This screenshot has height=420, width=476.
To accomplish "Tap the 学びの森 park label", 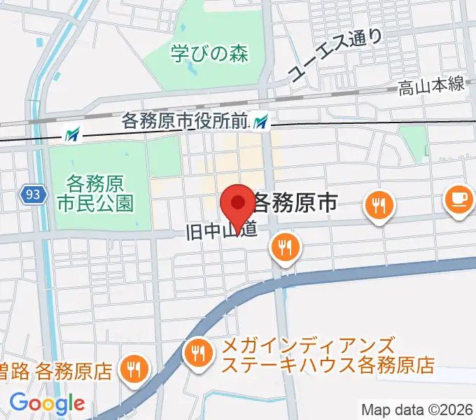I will [x=209, y=54].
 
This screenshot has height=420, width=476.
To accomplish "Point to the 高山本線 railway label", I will [x=431, y=86].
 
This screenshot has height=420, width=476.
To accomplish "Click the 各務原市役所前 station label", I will [x=185, y=122].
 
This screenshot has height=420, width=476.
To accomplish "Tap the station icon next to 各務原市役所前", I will [x=261, y=122].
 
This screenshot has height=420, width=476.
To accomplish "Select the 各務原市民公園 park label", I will [x=95, y=194].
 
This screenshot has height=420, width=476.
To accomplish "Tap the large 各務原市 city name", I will [x=294, y=203].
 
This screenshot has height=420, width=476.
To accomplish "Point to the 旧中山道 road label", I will [x=219, y=230].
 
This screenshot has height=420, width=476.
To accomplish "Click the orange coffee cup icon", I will [x=458, y=200].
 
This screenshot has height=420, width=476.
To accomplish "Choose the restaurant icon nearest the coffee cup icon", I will [x=379, y=205].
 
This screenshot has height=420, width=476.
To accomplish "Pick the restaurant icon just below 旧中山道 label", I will [x=285, y=247].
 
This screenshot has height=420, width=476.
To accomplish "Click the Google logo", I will [x=47, y=403].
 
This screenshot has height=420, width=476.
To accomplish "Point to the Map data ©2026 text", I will [x=417, y=409].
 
